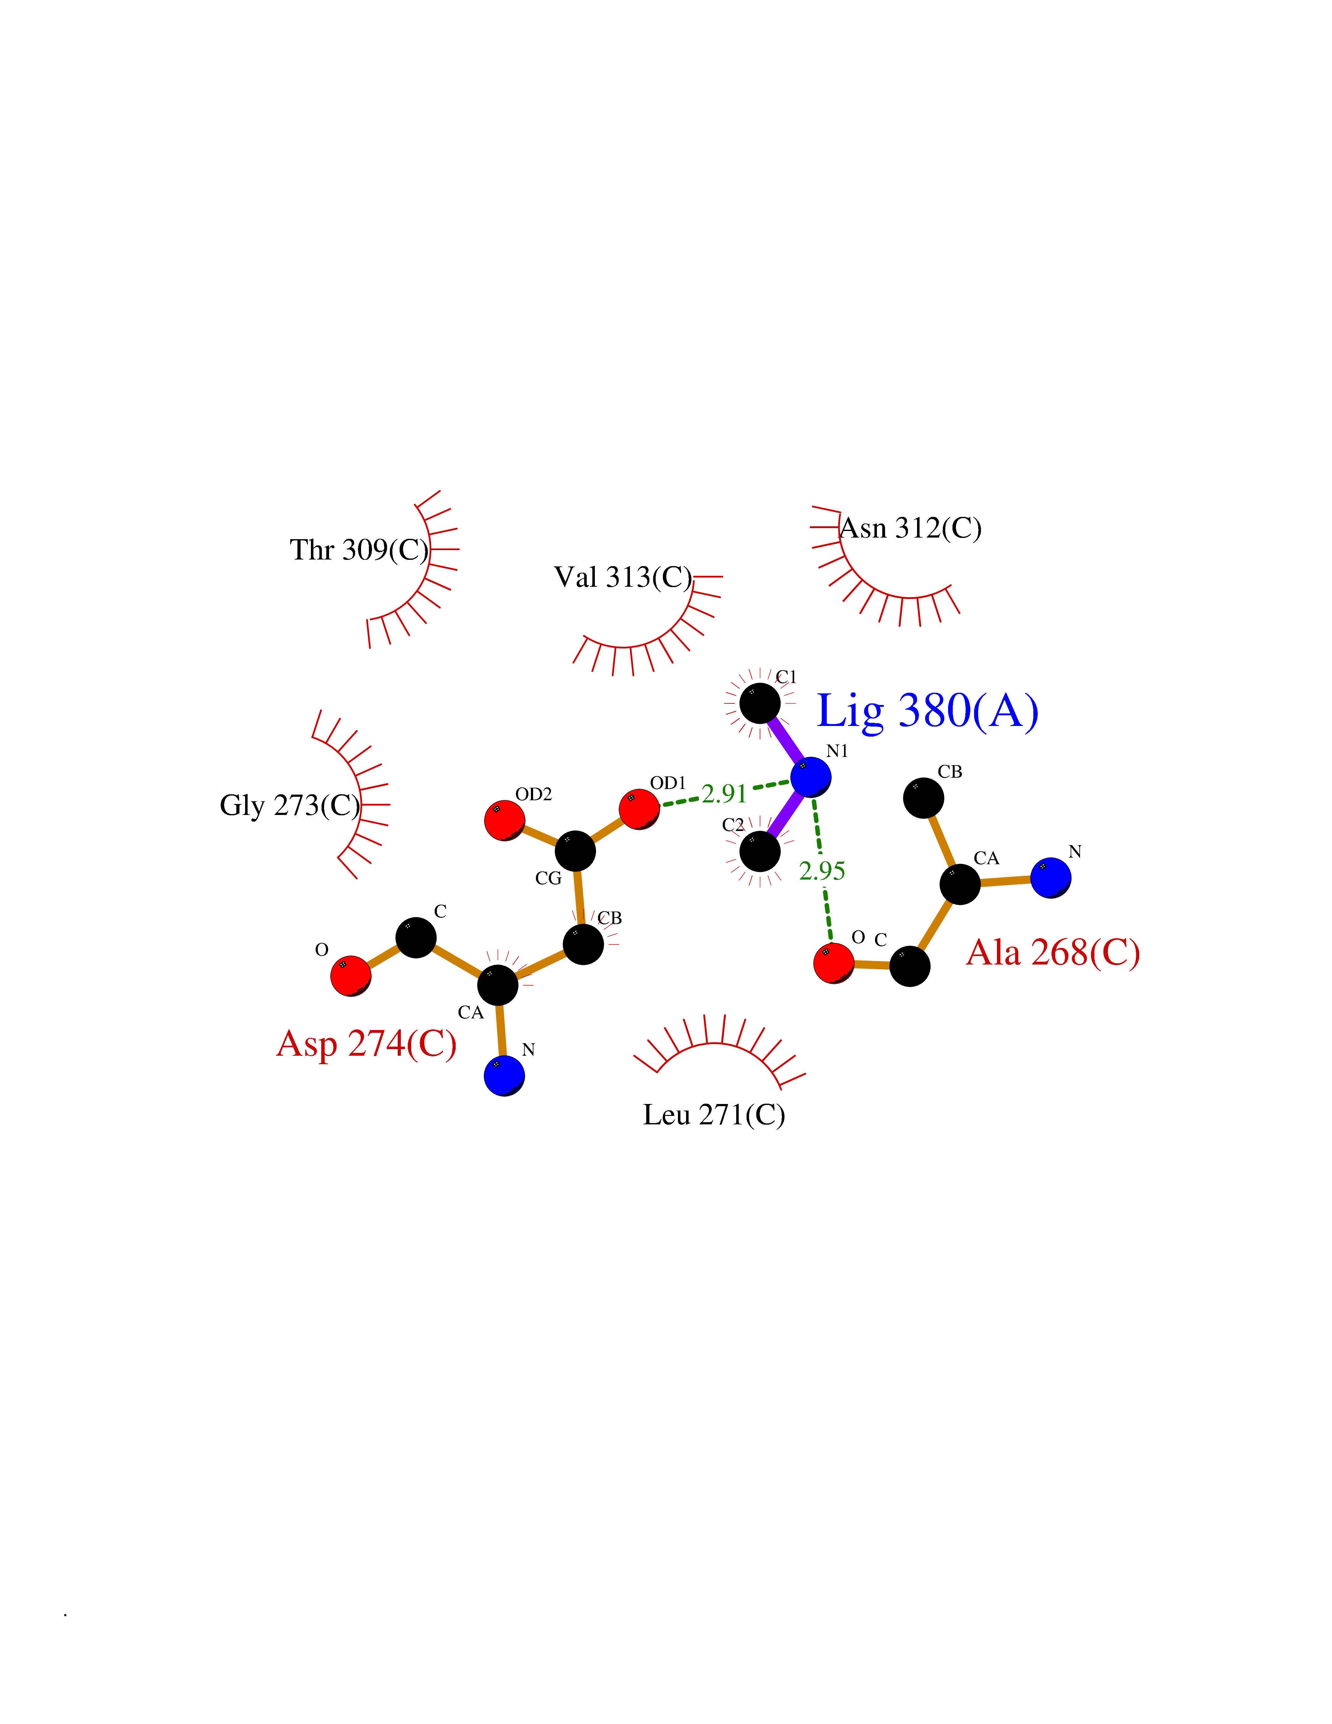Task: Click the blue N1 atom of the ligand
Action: coord(810,777)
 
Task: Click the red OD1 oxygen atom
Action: coord(639,809)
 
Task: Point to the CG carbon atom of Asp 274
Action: coord(575,851)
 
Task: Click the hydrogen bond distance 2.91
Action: coord(724,793)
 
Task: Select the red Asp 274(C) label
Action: coord(367,1043)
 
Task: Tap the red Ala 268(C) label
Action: coord(1053,953)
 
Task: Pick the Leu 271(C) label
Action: coord(714,1115)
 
